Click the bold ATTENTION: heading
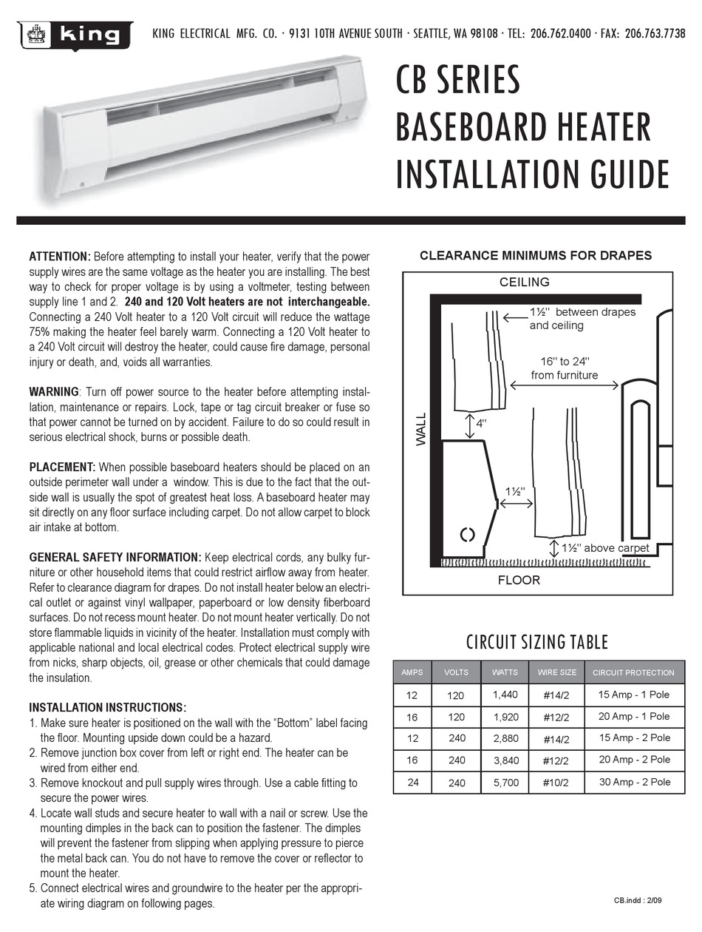[60, 257]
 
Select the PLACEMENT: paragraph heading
[62, 467]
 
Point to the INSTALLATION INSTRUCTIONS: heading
[107, 708]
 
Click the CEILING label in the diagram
[524, 282]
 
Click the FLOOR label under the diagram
[519, 581]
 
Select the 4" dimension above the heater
[481, 424]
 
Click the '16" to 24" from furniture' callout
[565, 368]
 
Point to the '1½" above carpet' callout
[604, 548]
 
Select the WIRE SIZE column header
[556, 672]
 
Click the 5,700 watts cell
[505, 782]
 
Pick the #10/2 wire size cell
[556, 782]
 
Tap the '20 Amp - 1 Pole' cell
[634, 716]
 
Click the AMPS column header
[412, 672]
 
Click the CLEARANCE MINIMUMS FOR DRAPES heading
[535, 256]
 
